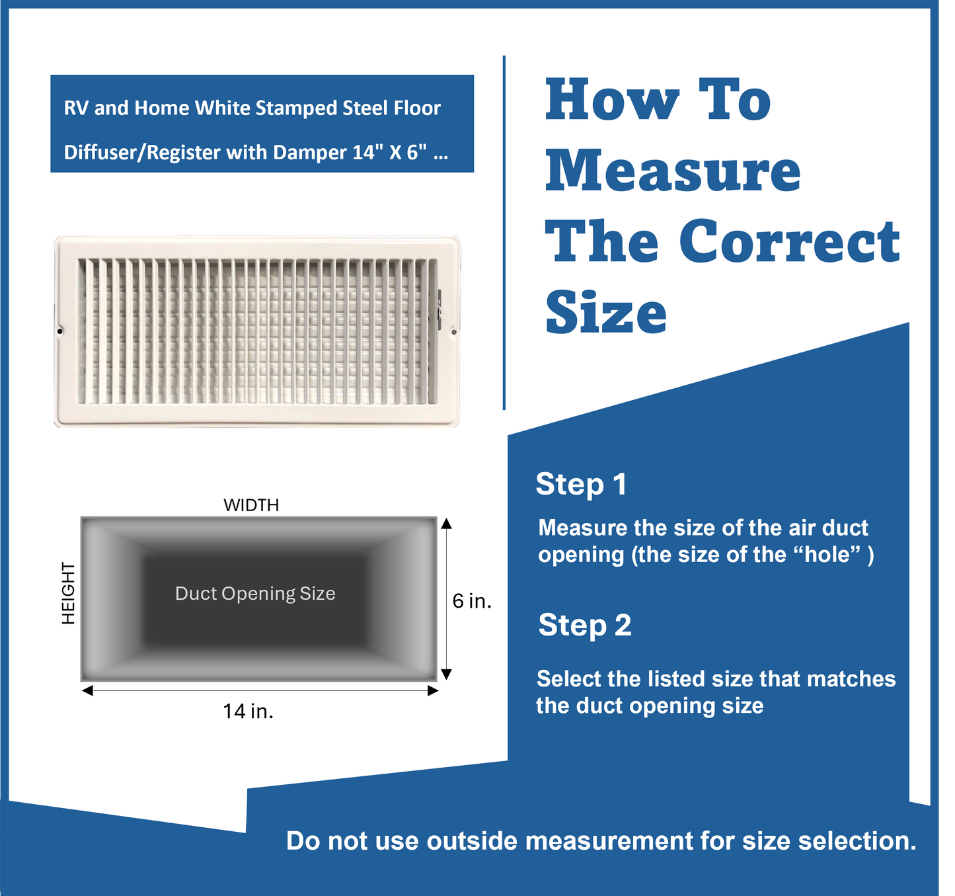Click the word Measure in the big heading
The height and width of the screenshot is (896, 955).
tap(672, 171)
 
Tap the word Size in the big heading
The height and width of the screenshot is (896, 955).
tap(605, 313)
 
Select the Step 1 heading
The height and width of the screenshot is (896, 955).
tap(581, 484)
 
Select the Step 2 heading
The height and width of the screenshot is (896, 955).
tap(584, 625)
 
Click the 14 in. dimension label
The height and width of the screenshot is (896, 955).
tap(248, 712)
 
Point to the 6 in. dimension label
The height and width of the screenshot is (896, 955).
tap(471, 601)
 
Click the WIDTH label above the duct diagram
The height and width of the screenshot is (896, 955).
tap(251, 505)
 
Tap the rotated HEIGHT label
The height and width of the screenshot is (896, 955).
tap(68, 593)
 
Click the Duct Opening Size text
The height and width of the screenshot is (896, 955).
tap(255, 594)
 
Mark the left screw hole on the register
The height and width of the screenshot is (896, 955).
tap(60, 331)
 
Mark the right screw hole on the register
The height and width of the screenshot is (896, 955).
tap(453, 332)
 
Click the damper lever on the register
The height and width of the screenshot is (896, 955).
tap(438, 307)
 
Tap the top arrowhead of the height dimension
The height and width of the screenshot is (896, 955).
tap(446, 524)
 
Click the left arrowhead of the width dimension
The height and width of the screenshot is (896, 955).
tap(87, 691)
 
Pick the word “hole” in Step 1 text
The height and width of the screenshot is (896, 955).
tap(829, 554)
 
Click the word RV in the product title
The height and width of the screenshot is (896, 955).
tap(76, 108)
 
